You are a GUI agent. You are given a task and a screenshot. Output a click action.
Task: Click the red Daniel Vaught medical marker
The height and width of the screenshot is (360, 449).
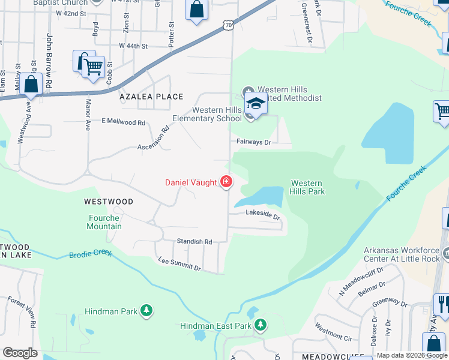coord(226,181)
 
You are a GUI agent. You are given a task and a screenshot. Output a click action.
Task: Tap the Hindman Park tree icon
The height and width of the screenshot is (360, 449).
coord(146,310)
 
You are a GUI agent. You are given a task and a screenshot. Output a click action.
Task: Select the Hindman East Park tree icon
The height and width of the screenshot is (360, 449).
coord(260,325)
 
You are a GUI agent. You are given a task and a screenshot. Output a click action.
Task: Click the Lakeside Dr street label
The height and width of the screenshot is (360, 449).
coord(263,214)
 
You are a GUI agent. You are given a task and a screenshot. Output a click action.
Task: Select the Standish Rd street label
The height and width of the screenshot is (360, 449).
coord(194,241)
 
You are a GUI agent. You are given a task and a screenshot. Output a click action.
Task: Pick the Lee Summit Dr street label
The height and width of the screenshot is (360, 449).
coord(179,264)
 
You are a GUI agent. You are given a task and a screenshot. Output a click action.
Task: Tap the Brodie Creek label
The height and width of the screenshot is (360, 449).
coord(91,253)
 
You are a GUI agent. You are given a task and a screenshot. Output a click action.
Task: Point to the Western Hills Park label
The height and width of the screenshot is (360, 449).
coord(307,187)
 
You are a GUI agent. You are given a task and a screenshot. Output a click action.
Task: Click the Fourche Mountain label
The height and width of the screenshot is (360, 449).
coord(105,222)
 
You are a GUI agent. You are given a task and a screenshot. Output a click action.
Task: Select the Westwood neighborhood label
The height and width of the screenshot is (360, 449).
coord(109,202)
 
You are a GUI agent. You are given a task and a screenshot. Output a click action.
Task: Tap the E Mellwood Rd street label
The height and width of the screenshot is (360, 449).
coord(124,122)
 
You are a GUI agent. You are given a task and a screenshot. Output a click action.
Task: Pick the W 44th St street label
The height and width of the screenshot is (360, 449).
coord(133,46)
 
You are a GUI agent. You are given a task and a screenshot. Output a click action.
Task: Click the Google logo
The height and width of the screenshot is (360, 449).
coord(20,353)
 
